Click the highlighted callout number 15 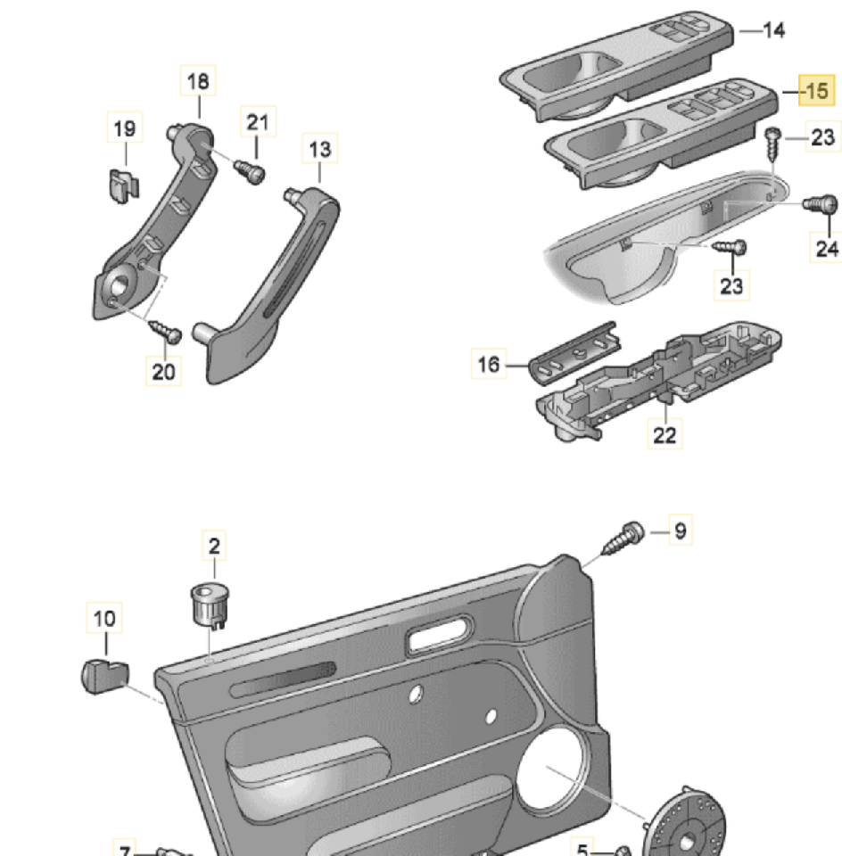816,90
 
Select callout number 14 773,29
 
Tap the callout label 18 198,81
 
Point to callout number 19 125,128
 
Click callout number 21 257,121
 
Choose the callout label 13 320,149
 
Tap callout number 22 665,434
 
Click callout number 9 680,531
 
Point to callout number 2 214,545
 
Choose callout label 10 105,617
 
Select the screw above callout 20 164,331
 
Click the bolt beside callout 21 249,169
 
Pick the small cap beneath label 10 103,674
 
